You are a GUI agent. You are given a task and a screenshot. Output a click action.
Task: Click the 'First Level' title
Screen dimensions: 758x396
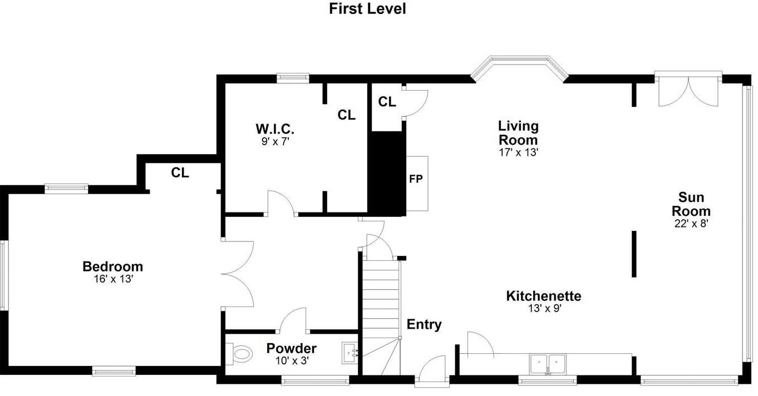coord(367,9)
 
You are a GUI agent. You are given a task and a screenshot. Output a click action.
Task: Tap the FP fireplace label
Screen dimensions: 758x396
coord(416,179)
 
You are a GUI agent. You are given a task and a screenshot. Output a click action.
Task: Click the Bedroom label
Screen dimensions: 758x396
coord(112,266)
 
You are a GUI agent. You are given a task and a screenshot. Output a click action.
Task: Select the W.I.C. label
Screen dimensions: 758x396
coord(275,129)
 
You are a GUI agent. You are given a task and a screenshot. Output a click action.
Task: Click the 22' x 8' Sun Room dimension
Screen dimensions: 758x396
coord(691,223)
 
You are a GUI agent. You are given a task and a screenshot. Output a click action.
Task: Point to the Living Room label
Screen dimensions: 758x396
coord(518,132)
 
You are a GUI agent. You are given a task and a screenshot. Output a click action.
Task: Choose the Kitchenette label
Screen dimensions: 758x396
coord(543,296)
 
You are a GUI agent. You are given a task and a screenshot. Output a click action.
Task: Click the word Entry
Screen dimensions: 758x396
coord(424,324)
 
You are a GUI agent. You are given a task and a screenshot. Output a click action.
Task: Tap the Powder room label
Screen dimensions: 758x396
coord(291,349)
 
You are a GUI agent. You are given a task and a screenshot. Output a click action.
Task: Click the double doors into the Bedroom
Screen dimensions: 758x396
coord(238,273)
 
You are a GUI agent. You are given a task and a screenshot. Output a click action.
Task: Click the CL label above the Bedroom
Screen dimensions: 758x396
coord(180,172)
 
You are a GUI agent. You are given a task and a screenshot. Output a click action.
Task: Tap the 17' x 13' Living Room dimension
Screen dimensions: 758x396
coord(518,152)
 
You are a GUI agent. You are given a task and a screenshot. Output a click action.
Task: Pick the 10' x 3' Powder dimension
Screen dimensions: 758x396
coord(291,360)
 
